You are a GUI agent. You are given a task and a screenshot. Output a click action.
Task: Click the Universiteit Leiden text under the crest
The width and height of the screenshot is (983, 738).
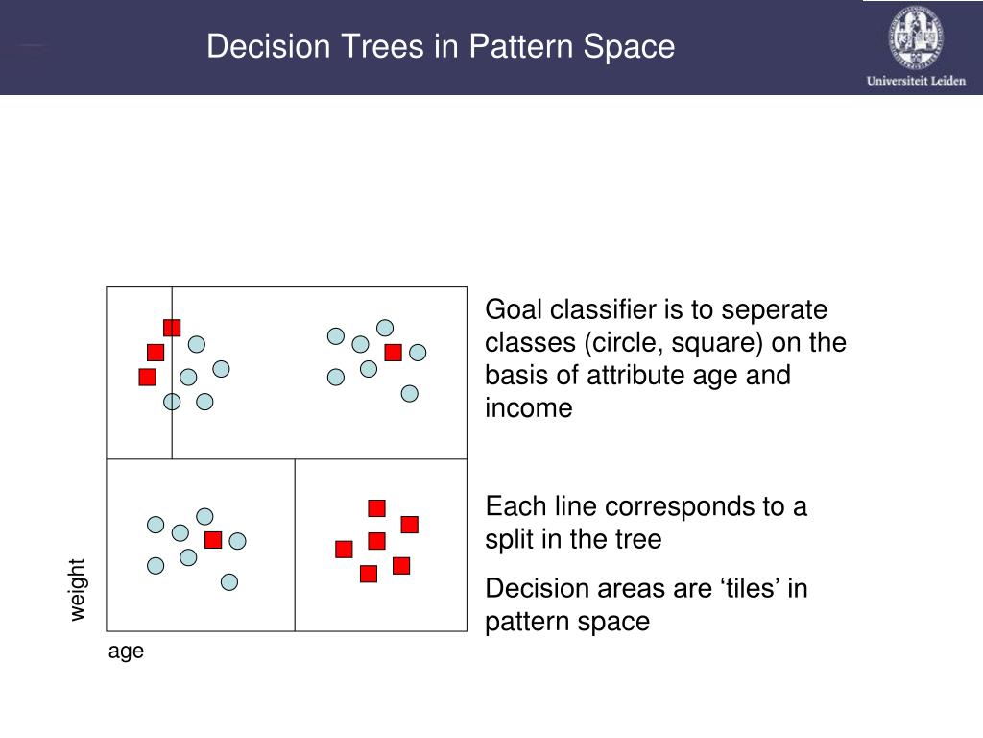pyautogui.click(x=916, y=81)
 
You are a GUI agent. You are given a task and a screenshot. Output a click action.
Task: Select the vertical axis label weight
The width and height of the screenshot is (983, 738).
pyautogui.click(x=78, y=589)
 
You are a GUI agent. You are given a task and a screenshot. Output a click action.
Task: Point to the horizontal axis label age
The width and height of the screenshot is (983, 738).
pyautogui.click(x=126, y=652)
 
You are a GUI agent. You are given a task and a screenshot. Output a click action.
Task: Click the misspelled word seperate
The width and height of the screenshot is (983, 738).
pyautogui.click(x=775, y=310)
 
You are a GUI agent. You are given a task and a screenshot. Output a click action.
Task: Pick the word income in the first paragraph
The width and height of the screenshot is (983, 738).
pyautogui.click(x=529, y=408)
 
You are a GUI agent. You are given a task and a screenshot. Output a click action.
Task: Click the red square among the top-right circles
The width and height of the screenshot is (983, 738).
pyautogui.click(x=393, y=353)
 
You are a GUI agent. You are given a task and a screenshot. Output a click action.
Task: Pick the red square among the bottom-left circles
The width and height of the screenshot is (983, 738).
pyautogui.click(x=213, y=540)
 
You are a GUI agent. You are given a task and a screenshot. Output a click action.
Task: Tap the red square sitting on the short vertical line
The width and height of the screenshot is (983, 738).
pyautogui.click(x=172, y=328)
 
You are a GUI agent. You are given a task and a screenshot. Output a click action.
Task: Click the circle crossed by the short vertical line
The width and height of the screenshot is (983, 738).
pyautogui.click(x=172, y=402)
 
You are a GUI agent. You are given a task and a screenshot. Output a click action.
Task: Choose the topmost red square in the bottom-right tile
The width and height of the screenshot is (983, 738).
pyautogui.click(x=376, y=508)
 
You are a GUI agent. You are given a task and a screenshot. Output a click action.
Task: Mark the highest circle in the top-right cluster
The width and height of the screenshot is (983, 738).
pyautogui.click(x=385, y=328)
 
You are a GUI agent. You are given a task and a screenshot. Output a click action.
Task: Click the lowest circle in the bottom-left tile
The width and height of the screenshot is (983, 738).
pyautogui.click(x=229, y=581)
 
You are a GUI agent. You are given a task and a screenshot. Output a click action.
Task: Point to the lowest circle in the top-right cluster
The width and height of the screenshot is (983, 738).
pyautogui.click(x=410, y=393)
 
